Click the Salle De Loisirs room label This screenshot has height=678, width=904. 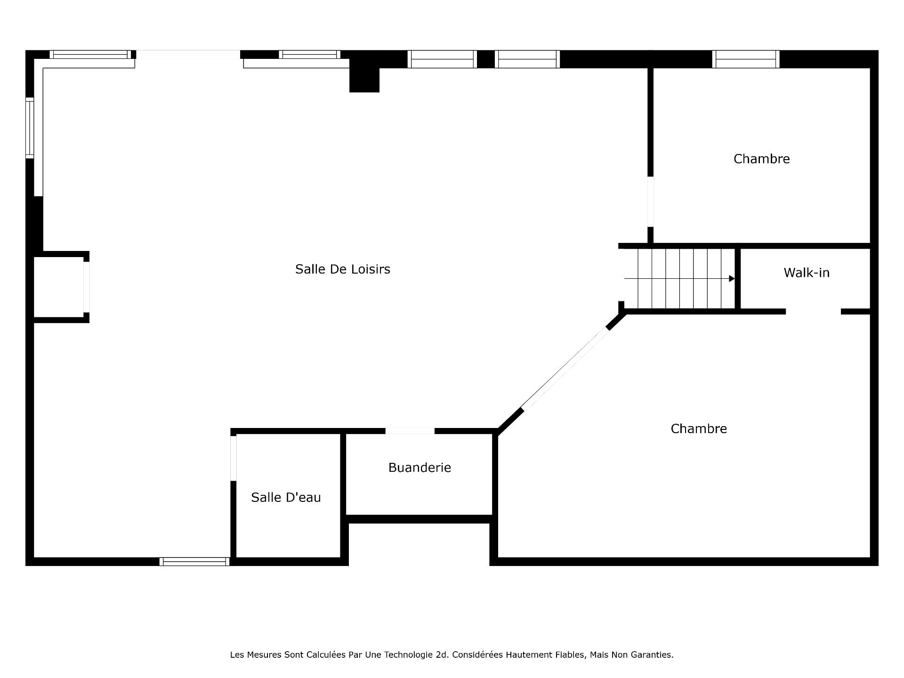tap(343, 269)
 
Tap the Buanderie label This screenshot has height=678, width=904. tap(420, 468)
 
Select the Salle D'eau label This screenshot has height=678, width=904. tap(286, 497)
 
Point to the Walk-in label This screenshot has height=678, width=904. tap(807, 273)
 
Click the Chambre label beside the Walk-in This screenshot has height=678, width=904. tap(761, 159)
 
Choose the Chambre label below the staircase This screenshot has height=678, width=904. tap(699, 428)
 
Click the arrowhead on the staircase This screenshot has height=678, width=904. tap(732, 279)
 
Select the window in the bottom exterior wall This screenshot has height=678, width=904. tap(194, 561)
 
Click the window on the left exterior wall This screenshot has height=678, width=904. tap(30, 128)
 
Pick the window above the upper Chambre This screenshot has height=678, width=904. tap(746, 59)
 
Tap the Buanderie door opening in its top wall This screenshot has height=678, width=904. tap(410, 431)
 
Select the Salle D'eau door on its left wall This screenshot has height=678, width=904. tap(234, 458)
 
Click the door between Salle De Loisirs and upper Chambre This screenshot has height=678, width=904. tap(650, 202)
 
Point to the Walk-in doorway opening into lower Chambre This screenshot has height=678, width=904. tap(813, 311)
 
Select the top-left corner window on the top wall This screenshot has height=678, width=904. tap(90, 55)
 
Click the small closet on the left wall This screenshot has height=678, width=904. tap(59, 287)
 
